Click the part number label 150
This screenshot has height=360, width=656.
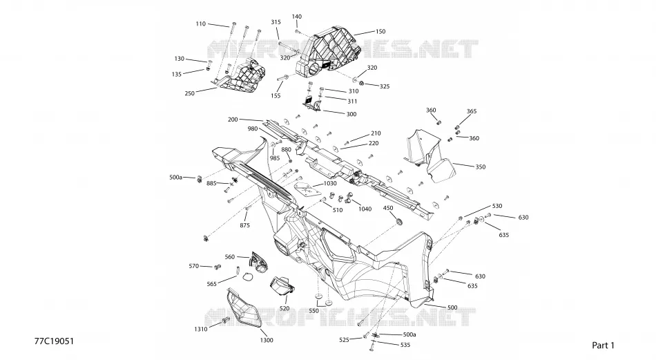[x=380, y=31]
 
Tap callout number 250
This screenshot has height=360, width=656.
[x=189, y=93]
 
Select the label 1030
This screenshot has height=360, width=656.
[x=330, y=183]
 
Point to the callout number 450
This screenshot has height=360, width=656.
[x=388, y=208]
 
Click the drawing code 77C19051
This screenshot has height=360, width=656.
[x=54, y=341]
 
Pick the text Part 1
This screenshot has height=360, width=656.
[x=604, y=345]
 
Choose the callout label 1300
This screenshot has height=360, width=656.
[x=267, y=340]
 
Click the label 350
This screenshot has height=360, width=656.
[x=481, y=167]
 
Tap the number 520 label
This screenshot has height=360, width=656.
[x=284, y=308]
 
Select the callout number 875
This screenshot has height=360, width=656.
[x=244, y=225]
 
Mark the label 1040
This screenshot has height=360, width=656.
[x=365, y=209]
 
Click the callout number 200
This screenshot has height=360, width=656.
[x=233, y=120]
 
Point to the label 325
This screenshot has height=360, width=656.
[x=385, y=86]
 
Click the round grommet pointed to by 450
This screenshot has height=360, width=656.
[x=399, y=220]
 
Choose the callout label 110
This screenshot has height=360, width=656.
[x=201, y=24]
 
